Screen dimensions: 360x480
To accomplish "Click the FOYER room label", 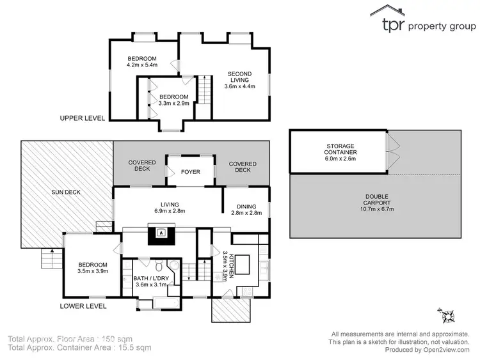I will click(x=190, y=172).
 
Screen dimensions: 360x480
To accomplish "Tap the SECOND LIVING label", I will click(x=240, y=80).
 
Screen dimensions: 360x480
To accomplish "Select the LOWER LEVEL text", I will click(x=83, y=306).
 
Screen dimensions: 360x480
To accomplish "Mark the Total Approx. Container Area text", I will click(x=79, y=348).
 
